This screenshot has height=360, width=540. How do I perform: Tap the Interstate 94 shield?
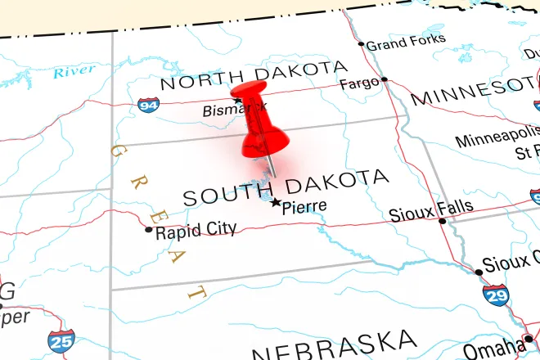[x=149, y=104]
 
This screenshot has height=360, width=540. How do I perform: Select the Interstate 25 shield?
[x=60, y=341]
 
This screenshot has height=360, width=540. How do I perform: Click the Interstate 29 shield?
[x=495, y=295]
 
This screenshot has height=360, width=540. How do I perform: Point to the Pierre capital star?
[x=276, y=203]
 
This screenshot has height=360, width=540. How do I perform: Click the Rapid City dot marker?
[x=148, y=229]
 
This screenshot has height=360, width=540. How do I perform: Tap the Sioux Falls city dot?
[x=443, y=221]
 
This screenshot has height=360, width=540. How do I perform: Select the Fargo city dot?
[x=385, y=79]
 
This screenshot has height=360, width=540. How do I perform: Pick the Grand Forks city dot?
[x=361, y=44]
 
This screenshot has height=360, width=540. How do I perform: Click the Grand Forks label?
[x=406, y=41]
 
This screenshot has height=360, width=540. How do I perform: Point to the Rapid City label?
[x=196, y=230]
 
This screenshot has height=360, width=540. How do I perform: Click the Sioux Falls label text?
[x=430, y=210]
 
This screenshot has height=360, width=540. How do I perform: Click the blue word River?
[x=75, y=72]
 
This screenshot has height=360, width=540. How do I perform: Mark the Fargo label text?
[x=359, y=83]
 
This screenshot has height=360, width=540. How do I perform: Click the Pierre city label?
[x=304, y=207]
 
